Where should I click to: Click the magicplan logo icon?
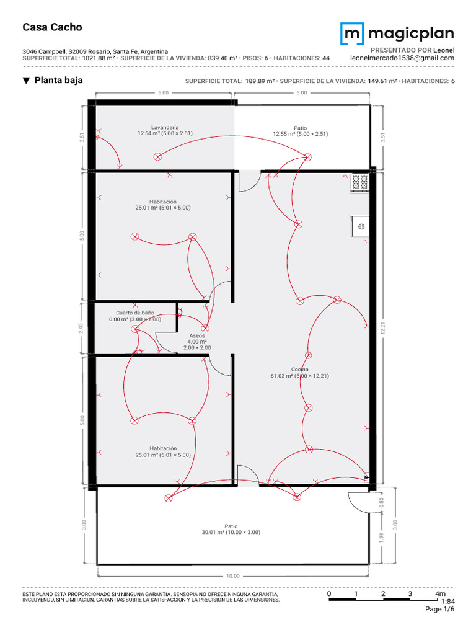pyautogui.click(x=351, y=33)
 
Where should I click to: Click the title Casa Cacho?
pyautogui.click(x=52, y=27)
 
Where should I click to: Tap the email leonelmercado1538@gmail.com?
pyautogui.click(x=402, y=58)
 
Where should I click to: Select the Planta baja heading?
pyautogui.click(x=58, y=81)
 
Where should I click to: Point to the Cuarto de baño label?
pyautogui.click(x=134, y=313)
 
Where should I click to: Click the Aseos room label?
pyautogui.click(x=196, y=335)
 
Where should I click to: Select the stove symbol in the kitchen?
pyautogui.click(x=360, y=182)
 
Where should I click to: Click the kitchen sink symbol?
pyautogui.click(x=360, y=226)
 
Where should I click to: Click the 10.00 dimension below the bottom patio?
pyautogui.click(x=232, y=576)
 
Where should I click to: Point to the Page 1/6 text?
pyautogui.click(x=439, y=610)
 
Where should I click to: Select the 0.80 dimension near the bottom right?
pyautogui.click(x=382, y=502)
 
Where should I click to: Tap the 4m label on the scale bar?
pyautogui.click(x=441, y=594)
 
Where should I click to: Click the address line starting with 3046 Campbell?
pyautogui.click(x=95, y=51)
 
